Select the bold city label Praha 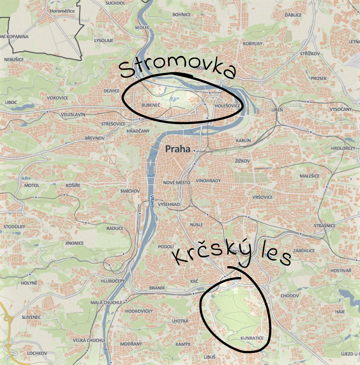[178, 149]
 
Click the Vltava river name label [152, 202]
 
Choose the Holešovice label [227, 106]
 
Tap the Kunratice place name [250, 337]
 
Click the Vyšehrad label [168, 204]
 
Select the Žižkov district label [242, 161]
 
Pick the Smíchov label [130, 191]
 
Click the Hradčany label [138, 131]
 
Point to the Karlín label [243, 141]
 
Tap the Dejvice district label [112, 91]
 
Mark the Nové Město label [177, 183]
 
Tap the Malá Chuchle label [106, 302]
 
